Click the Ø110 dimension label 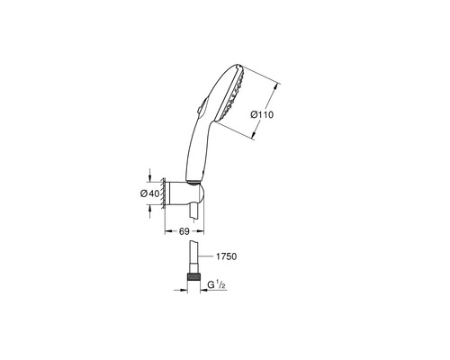coord(262,114)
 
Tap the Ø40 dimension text coord(149,193)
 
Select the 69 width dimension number coord(184,231)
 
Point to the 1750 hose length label coord(226,256)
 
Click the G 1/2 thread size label coord(217,285)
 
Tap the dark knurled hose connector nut coord(193,276)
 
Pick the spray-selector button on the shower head coord(201,106)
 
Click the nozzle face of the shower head coord(231,94)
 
